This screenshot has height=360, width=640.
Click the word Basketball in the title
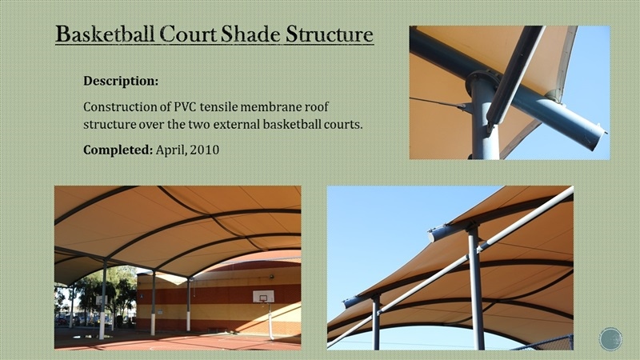click(105, 34)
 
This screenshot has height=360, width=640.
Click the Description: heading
click(121, 82)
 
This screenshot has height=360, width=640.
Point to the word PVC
click(186, 107)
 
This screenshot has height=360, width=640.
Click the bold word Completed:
click(118, 150)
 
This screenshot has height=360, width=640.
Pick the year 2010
click(205, 150)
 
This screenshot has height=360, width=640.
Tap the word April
click(171, 150)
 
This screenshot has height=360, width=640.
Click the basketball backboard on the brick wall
click(263, 296)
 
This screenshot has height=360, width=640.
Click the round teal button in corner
click(610, 339)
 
